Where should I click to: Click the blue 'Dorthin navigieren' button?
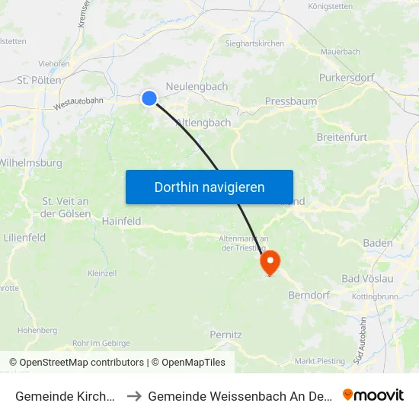point(209,187)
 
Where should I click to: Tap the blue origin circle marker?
point(149,98)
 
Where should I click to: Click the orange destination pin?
point(270,264)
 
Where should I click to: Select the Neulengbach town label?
point(197,87)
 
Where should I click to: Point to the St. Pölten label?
point(39,79)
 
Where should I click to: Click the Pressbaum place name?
point(290,101)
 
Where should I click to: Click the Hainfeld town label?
point(121,222)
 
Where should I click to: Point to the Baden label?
point(378,244)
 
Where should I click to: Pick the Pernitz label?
point(225,334)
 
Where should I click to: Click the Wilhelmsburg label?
point(30,162)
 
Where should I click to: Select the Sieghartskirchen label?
point(254,43)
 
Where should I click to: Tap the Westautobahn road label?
point(78,103)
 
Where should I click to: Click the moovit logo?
point(373,395)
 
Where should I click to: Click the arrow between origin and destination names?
point(134,396)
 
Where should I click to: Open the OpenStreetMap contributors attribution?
point(82,363)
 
